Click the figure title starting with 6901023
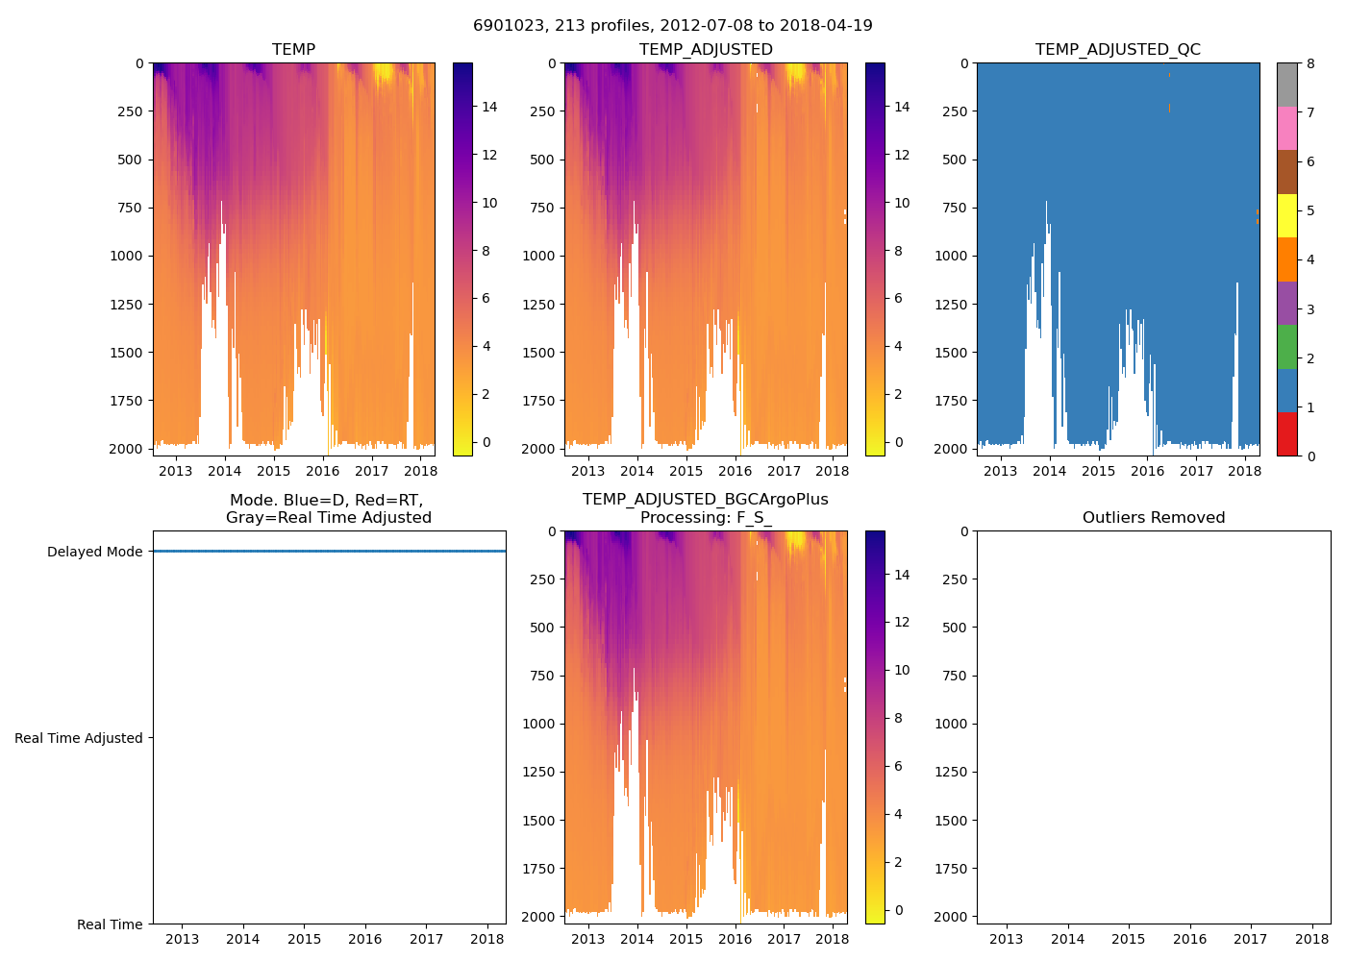pyautogui.click(x=673, y=26)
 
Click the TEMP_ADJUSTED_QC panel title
pyautogui.click(x=1117, y=49)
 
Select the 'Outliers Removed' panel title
pyautogui.click(x=1154, y=517)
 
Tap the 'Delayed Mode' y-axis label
pyautogui.click(x=94, y=552)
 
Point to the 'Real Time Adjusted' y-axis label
pyautogui.click(x=78, y=738)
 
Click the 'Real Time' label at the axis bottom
pyautogui.click(x=110, y=924)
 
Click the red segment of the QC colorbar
pyautogui.click(x=1286, y=434)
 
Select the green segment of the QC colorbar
pyautogui.click(x=1286, y=347)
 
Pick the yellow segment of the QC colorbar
pyautogui.click(x=1286, y=216)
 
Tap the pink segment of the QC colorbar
pyautogui.click(x=1286, y=128)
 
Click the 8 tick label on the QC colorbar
pyautogui.click(x=1310, y=63)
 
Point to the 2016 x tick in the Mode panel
pyautogui.click(x=365, y=939)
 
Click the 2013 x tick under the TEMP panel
pyautogui.click(x=175, y=471)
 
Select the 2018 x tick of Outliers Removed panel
pyautogui.click(x=1312, y=939)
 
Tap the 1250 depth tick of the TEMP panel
pyautogui.click(x=129, y=305)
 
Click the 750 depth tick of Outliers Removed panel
pyautogui.click(x=954, y=676)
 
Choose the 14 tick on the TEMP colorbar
pyautogui.click(x=489, y=107)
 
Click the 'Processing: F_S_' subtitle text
pyautogui.click(x=706, y=517)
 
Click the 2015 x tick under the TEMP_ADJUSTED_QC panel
pyautogui.click(x=1098, y=471)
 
